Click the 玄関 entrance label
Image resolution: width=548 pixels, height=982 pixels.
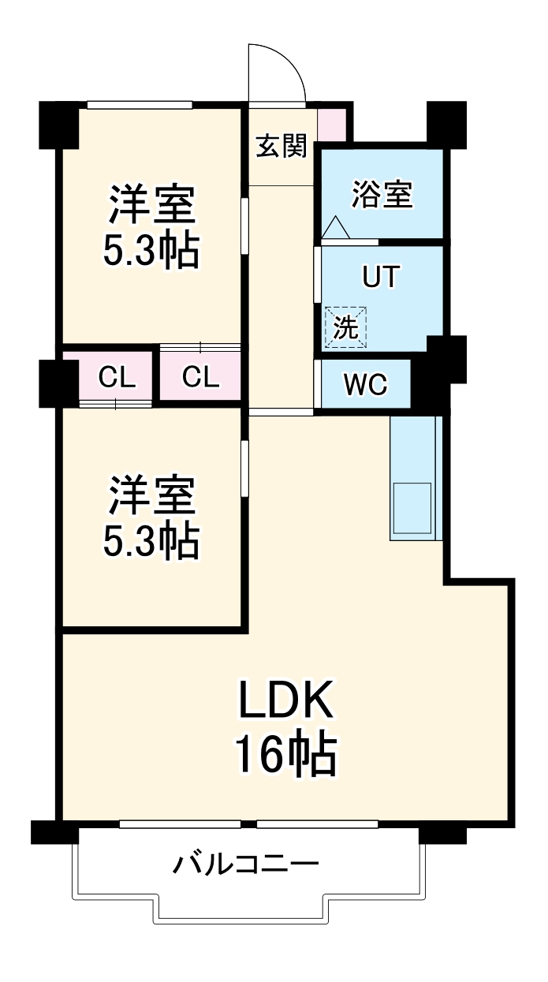[281, 146]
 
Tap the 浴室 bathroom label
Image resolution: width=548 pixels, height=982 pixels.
[382, 194]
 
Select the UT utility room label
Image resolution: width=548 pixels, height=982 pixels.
[381, 278]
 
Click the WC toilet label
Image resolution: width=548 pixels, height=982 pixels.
[366, 385]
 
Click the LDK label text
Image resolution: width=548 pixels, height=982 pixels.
[287, 700]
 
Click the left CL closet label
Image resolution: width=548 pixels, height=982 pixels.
[117, 379]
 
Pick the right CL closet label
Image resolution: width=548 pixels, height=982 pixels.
[200, 379]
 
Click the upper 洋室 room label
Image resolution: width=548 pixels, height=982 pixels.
[151, 205]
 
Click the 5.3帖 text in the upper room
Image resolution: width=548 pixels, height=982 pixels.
[151, 251]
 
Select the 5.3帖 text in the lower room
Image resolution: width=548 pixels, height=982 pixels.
[151, 541]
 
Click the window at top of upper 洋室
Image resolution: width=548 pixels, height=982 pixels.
[140, 104]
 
